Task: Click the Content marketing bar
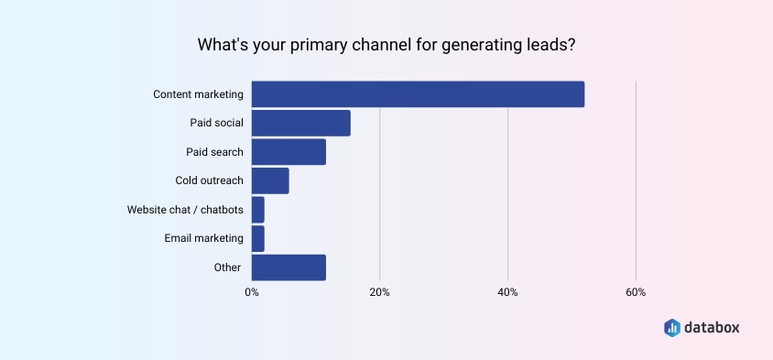(418, 93)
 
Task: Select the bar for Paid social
(300, 123)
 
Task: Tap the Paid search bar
(289, 152)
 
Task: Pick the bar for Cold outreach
(270, 180)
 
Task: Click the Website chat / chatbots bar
(257, 210)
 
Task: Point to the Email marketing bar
(257, 238)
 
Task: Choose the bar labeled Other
(289, 267)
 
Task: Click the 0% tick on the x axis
(252, 292)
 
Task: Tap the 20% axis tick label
(379, 292)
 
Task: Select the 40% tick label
(507, 292)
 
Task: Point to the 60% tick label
(636, 292)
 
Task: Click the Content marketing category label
(198, 94)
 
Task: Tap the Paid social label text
(217, 123)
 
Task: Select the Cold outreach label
(210, 180)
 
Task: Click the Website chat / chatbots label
(185, 210)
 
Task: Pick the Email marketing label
(204, 238)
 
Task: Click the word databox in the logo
(713, 327)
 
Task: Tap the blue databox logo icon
(671, 327)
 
